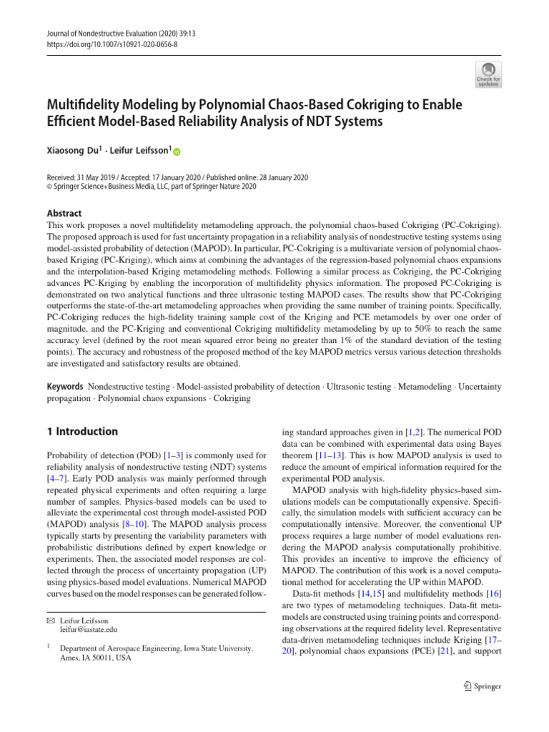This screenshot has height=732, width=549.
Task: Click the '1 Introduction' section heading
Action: tap(81, 432)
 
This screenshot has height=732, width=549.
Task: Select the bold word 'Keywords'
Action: tap(64, 387)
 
